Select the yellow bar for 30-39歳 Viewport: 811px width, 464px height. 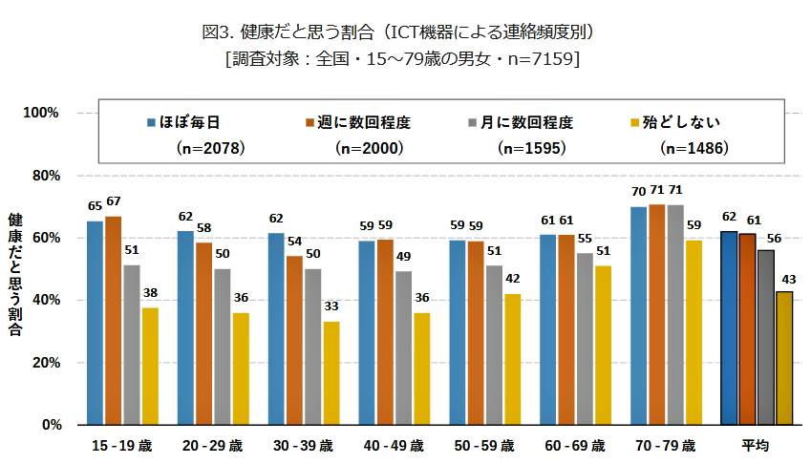click(331, 372)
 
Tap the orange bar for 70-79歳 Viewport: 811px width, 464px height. click(656, 314)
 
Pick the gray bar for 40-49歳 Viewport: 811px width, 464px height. click(404, 348)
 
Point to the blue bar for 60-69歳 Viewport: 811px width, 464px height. click(548, 328)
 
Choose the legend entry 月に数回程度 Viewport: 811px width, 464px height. click(521, 122)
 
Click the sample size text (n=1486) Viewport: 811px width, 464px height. click(694, 148)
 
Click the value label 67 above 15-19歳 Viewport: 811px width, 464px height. click(114, 201)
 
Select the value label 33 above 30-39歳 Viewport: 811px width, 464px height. click(331, 306)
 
